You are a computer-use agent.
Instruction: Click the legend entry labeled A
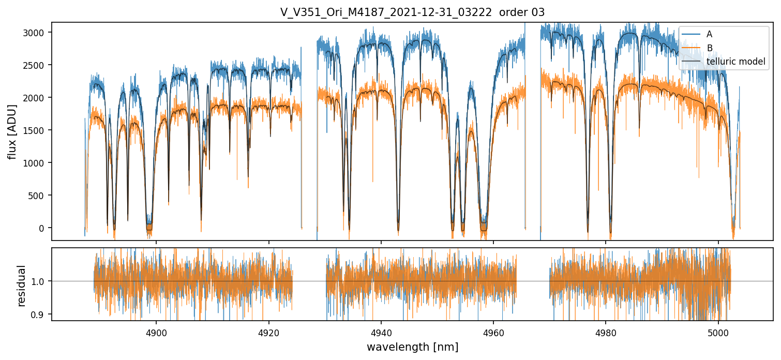tap(709, 34)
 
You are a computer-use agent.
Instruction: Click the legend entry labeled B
tap(709, 48)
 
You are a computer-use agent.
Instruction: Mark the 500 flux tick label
tap(38, 196)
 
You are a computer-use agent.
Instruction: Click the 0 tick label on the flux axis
tap(43, 228)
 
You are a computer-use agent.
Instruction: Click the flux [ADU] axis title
tap(12, 131)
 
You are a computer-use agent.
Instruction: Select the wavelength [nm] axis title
tap(412, 347)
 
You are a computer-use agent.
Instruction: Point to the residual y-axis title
tap(21, 286)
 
